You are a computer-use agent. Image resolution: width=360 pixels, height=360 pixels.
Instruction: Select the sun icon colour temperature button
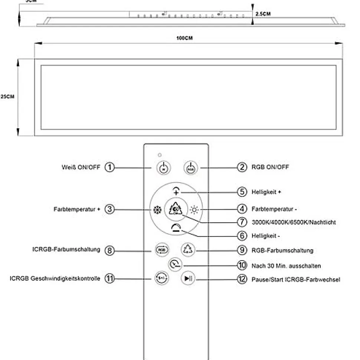point(194,210)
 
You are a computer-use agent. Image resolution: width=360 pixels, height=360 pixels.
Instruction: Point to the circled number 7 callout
point(242,222)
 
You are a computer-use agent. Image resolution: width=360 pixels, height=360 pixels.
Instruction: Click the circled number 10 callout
point(242,266)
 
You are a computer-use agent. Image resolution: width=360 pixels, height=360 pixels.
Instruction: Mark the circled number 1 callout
point(109,167)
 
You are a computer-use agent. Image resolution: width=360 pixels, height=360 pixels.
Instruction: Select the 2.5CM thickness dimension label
point(263,14)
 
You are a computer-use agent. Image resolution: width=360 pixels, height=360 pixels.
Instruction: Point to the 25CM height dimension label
point(7,96)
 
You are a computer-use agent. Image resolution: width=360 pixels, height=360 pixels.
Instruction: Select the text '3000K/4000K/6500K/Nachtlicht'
point(294,222)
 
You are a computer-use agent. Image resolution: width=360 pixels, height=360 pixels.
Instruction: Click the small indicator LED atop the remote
point(160,154)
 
